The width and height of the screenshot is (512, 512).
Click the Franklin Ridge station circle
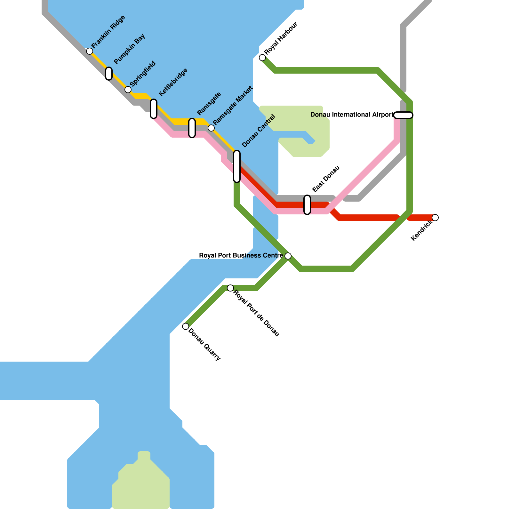pyautogui.click(x=90, y=51)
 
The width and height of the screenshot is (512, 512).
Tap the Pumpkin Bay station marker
pyautogui.click(x=109, y=74)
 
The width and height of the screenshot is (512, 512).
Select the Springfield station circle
pyautogui.click(x=128, y=90)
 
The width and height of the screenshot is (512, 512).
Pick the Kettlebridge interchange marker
pyautogui.click(x=154, y=109)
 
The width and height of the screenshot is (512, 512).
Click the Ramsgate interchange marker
pyautogui.click(x=192, y=128)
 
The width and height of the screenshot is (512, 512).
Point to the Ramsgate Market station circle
pyautogui.click(x=211, y=128)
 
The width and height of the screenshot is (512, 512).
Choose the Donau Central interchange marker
pyautogui.click(x=237, y=166)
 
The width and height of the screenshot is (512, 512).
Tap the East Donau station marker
pyautogui.click(x=307, y=205)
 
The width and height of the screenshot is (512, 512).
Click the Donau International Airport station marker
pyautogui.click(x=403, y=115)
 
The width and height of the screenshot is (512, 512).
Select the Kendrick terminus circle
pyautogui.click(x=435, y=218)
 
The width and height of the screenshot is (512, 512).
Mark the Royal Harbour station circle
pyautogui.click(x=262, y=58)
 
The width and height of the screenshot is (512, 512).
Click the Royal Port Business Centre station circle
pyautogui.click(x=288, y=256)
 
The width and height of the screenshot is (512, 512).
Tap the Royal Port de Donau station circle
pyautogui.click(x=230, y=288)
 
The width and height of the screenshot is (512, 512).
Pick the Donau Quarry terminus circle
pyautogui.click(x=186, y=326)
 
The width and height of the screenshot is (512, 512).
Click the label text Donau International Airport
pyautogui.click(x=352, y=115)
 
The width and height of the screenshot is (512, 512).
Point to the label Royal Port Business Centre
pyautogui.click(x=241, y=255)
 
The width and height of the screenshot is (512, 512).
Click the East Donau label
pyautogui.click(x=326, y=179)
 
